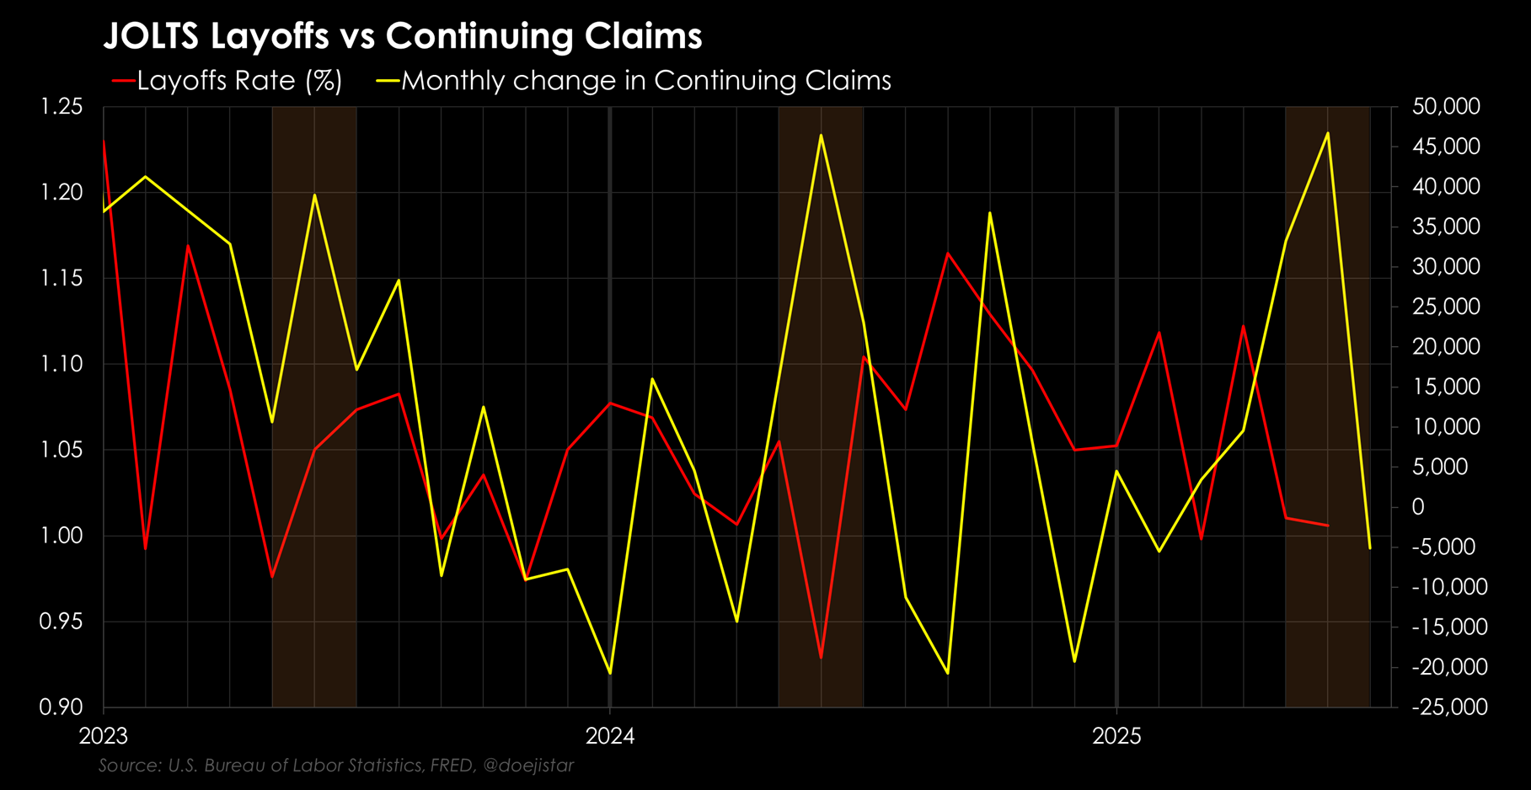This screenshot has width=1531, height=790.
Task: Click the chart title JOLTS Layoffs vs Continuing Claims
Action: [x=402, y=36]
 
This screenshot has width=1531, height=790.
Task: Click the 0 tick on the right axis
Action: [x=1418, y=507]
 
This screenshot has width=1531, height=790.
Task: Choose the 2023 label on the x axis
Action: [x=103, y=736]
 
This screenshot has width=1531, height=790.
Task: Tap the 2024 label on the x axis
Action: [x=610, y=736]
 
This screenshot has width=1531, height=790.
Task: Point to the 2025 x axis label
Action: [x=1116, y=736]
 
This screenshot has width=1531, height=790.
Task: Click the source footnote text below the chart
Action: [x=335, y=766]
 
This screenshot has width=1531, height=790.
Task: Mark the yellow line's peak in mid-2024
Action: [x=821, y=135]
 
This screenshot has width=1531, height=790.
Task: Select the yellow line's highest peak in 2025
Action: [x=1328, y=133]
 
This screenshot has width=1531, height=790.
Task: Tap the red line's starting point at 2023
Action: [x=104, y=141]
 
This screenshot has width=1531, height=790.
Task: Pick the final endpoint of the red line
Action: [x=1328, y=526]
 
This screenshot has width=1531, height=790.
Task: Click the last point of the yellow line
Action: [x=1370, y=548]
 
